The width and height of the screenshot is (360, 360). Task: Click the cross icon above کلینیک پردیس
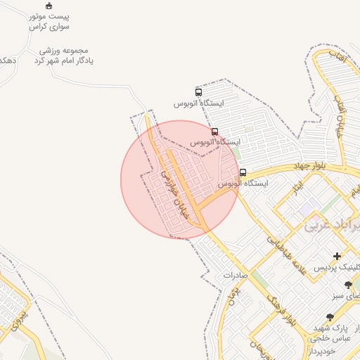(x=337, y=257)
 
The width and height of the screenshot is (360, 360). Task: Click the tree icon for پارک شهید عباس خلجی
(x=330, y=318)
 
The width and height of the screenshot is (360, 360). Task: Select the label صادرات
(x=237, y=276)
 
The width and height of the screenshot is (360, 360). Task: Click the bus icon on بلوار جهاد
(x=243, y=172)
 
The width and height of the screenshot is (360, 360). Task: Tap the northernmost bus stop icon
(x=198, y=92)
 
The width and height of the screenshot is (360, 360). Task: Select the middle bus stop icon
(x=214, y=131)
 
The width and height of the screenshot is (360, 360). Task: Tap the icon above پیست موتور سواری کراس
(x=49, y=6)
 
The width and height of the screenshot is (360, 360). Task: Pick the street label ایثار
(x=298, y=188)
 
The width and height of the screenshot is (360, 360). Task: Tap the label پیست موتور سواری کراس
(x=49, y=20)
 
